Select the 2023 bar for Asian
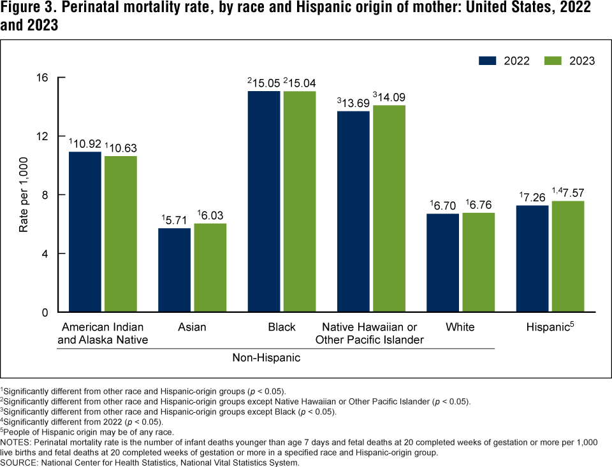click(210, 268)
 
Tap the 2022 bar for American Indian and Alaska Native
click(85, 232)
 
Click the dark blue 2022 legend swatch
click(488, 61)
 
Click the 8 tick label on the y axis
click(45, 195)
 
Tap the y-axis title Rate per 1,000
click(24, 195)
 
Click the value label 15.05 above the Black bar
click(265, 83)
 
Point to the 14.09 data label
click(391, 97)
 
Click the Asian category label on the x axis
click(193, 327)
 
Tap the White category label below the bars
click(460, 327)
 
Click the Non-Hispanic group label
click(266, 358)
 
